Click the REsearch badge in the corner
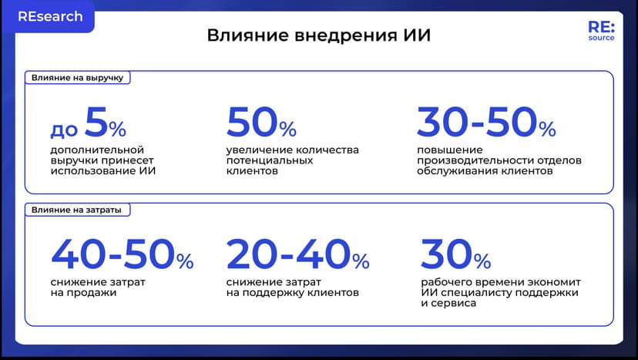pyautogui.click(x=49, y=16)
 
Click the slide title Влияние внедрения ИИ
pyautogui.click(x=318, y=36)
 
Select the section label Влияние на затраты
pyautogui.click(x=75, y=209)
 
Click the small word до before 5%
pyautogui.click(x=64, y=129)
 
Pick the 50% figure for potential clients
pyautogui.click(x=261, y=123)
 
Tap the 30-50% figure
pyautogui.click(x=485, y=123)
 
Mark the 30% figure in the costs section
pyautogui.click(x=455, y=255)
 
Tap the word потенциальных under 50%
pyautogui.click(x=269, y=160)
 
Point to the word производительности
pyautogui.click(x=473, y=160)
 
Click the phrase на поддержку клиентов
pyautogui.click(x=293, y=293)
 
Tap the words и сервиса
pyautogui.click(x=448, y=304)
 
